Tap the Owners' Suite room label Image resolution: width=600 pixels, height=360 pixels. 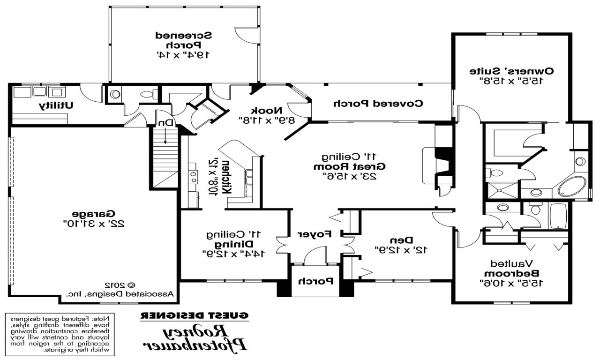pos(512,71)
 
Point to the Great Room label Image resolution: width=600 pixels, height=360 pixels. pos(349,166)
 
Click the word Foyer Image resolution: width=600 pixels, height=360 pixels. pos(315,233)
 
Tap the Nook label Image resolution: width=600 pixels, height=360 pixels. pos(267,111)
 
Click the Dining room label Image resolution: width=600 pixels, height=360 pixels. pos(234,244)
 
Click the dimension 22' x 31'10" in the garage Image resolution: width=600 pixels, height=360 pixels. pos(94,224)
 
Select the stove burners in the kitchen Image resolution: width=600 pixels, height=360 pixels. pos(193,177)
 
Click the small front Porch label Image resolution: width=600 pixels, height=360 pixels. pos(316,281)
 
